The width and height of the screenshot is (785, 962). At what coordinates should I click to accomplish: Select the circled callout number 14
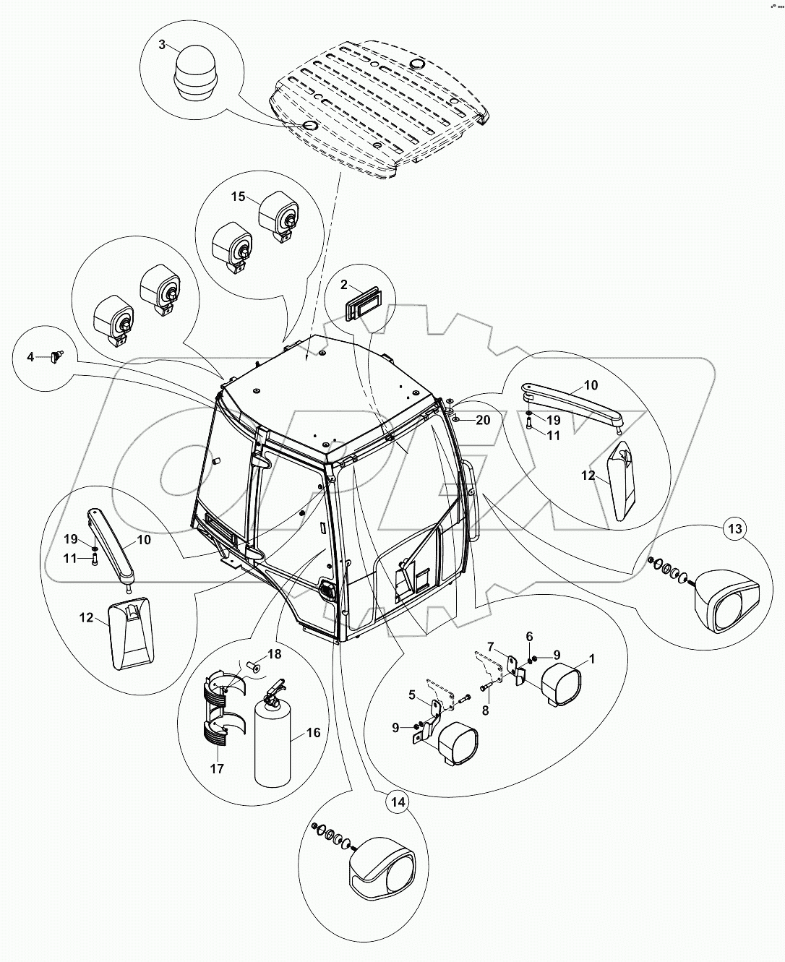click(396, 802)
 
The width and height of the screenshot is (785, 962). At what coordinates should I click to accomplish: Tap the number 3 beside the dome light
click(163, 45)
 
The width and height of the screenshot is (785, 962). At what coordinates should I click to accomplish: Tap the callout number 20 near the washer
click(483, 420)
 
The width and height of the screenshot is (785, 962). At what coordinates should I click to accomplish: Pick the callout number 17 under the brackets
click(218, 768)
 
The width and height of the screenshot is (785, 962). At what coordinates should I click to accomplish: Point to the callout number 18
click(275, 654)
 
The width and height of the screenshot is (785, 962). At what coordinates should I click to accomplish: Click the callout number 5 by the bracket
click(412, 695)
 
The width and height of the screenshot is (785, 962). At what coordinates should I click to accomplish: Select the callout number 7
click(491, 646)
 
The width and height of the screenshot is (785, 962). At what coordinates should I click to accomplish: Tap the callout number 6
click(529, 636)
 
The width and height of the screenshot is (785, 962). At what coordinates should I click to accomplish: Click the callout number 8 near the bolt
click(486, 710)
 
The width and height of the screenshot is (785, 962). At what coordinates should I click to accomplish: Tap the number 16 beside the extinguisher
click(314, 733)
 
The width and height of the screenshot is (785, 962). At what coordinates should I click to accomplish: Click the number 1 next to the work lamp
click(592, 659)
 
